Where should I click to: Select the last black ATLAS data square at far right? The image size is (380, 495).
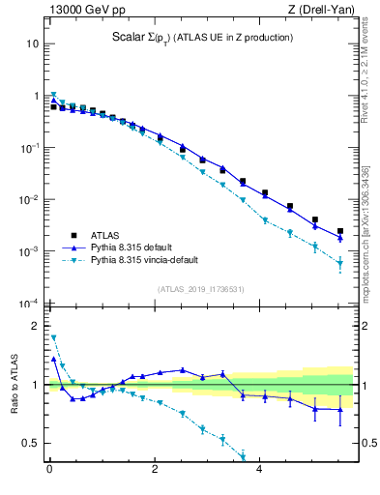tap(340, 232)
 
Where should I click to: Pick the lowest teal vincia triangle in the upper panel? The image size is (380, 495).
tap(340, 263)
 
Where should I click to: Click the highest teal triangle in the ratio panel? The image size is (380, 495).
tap(53, 337)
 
